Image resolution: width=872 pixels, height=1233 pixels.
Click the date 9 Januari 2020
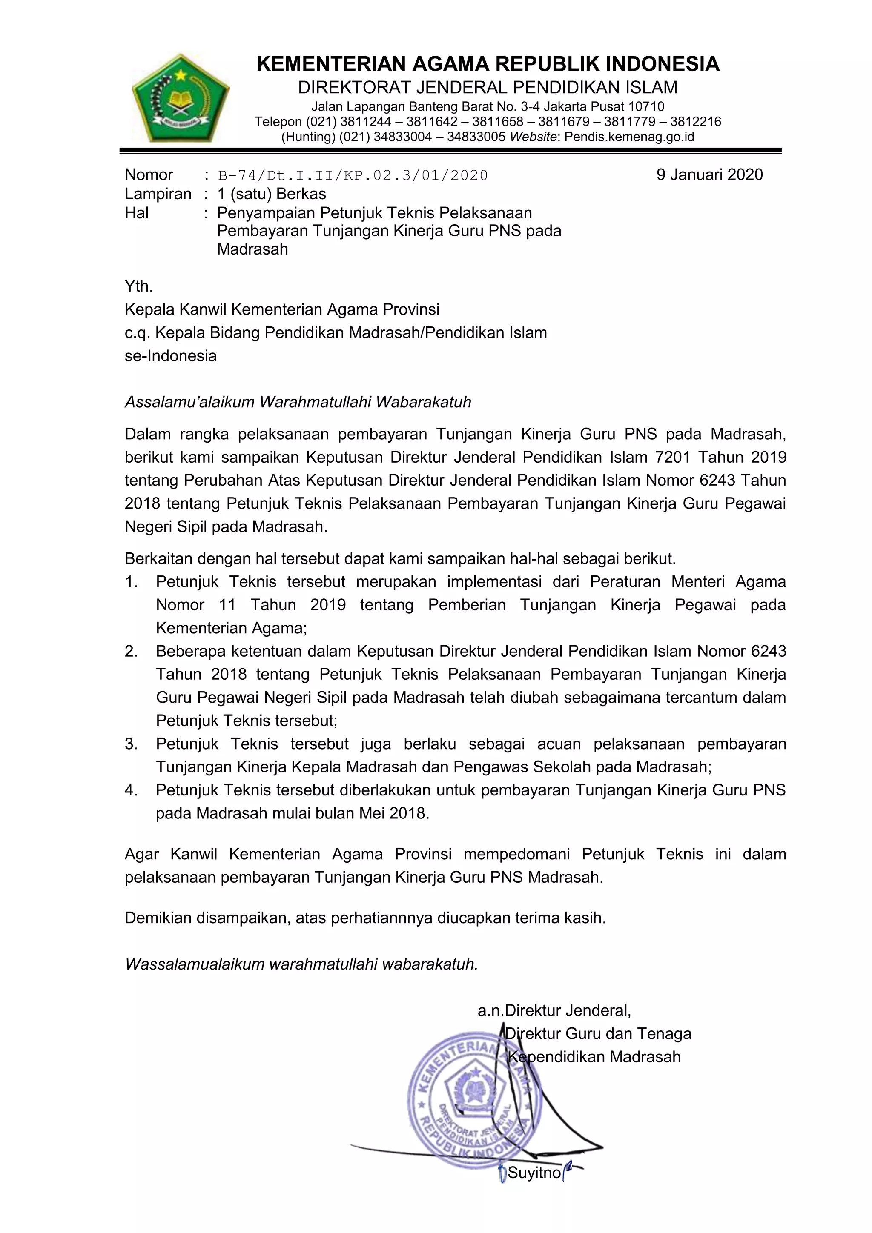[x=709, y=175]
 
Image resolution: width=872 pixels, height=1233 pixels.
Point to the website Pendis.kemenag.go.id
[x=629, y=137]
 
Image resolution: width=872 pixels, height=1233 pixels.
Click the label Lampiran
[x=158, y=194]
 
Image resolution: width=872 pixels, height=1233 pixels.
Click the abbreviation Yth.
[x=139, y=286]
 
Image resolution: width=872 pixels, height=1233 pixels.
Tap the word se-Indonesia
[x=171, y=356]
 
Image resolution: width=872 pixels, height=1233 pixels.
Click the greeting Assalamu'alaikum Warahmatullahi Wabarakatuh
[x=298, y=402]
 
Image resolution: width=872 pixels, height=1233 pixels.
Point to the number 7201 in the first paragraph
[x=674, y=458]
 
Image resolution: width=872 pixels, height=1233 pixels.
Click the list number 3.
[x=131, y=744]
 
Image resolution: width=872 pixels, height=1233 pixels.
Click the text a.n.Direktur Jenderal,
[x=554, y=1011]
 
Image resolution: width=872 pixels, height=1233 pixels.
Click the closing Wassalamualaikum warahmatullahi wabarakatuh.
[x=301, y=964]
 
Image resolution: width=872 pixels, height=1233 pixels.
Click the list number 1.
[x=131, y=582]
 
